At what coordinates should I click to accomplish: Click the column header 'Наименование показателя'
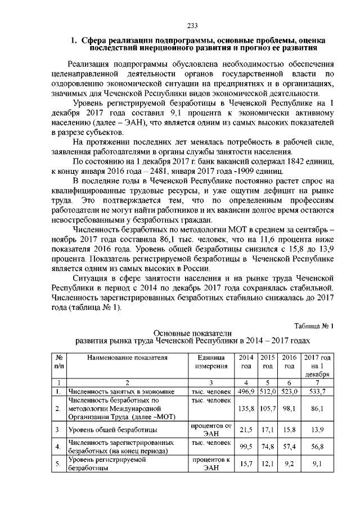tap(127, 358)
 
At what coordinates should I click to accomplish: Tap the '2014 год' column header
tap(246, 362)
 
